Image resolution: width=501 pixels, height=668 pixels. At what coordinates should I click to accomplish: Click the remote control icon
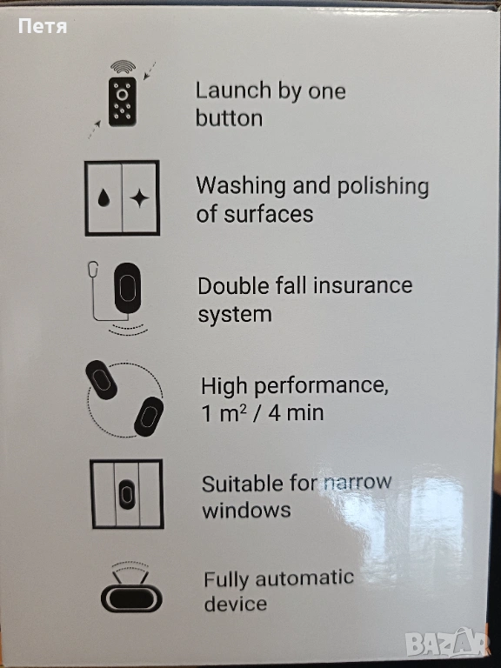point(123,101)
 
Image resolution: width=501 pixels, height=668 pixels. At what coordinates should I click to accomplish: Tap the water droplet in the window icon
point(103,198)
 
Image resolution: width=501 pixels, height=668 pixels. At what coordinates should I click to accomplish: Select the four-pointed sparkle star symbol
point(139,198)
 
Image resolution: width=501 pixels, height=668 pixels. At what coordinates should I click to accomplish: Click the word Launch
point(233,90)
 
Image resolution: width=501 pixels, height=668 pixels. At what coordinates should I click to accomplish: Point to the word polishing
point(383,188)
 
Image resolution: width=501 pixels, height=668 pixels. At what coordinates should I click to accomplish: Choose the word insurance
point(363,285)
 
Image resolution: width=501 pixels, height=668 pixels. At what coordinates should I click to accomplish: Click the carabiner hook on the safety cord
point(93,270)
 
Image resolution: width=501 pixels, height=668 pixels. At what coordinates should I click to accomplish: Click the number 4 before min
point(274,413)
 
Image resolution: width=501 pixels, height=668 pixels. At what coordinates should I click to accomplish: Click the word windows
point(246,510)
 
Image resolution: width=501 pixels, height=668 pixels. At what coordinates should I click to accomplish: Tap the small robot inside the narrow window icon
point(126,494)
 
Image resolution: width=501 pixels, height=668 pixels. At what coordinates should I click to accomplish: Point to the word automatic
point(304,578)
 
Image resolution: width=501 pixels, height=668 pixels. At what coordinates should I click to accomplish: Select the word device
point(235,604)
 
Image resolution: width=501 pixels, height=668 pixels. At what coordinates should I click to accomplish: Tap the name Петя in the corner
point(43,27)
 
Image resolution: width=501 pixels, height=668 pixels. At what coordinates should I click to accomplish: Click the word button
point(230,117)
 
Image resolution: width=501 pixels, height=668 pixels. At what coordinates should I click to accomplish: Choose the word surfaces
point(269,213)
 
